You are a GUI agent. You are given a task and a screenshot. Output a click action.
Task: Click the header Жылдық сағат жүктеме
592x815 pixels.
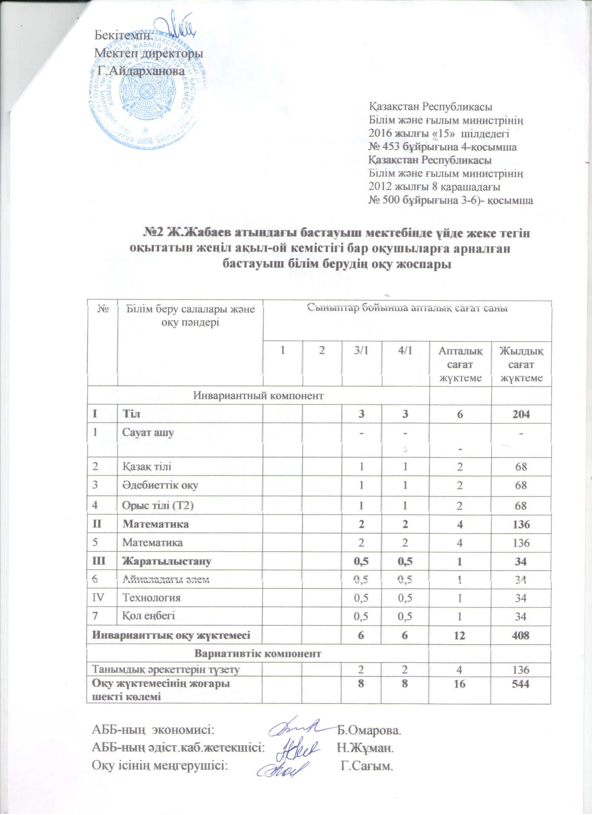pyautogui.click(x=521, y=364)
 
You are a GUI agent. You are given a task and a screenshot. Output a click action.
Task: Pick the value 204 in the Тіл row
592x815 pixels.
pyautogui.click(x=521, y=414)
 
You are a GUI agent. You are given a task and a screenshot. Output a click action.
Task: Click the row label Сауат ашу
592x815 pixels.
pyautogui.click(x=148, y=432)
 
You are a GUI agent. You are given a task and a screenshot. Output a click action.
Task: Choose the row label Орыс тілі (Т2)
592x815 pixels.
pyautogui.click(x=158, y=505)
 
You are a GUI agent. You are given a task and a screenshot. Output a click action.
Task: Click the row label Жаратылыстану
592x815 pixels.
pyautogui.click(x=167, y=562)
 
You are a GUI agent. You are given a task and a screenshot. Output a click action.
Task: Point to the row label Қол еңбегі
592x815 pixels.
pyautogui.click(x=149, y=616)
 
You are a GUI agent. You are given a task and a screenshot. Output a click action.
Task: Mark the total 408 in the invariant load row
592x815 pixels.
pyautogui.click(x=521, y=635)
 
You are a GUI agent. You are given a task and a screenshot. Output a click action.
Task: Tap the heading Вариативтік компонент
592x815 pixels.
pyautogui.click(x=258, y=654)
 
